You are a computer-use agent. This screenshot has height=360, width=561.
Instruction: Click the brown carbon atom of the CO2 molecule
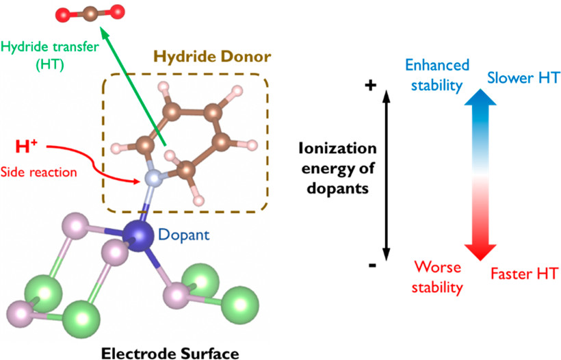(91, 12)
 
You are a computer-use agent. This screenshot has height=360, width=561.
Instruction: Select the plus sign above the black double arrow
(372, 86)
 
